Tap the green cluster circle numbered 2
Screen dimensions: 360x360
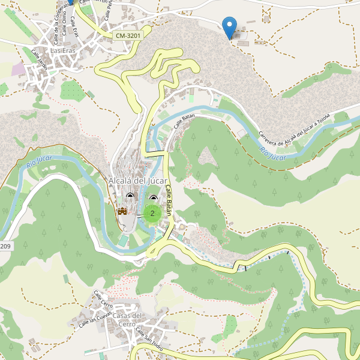[x=152, y=213]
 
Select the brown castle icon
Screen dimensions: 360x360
[x=122, y=211]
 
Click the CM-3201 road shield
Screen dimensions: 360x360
[x=128, y=36]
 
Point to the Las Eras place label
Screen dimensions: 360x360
[x=63, y=51]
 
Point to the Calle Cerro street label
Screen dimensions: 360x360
[x=103, y=297]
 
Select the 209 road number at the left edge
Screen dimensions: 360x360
[x=5, y=247]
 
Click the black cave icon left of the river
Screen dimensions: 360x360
[x=131, y=196]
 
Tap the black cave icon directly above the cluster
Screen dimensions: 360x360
[x=153, y=199]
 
